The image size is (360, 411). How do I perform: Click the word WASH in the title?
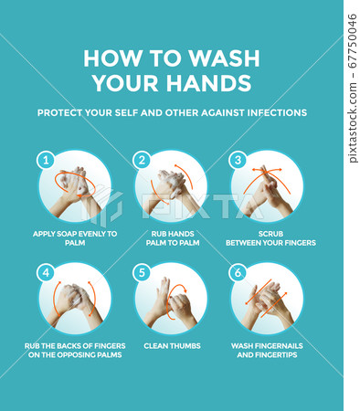click(x=224, y=58)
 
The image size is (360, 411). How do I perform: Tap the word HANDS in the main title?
click(x=208, y=82)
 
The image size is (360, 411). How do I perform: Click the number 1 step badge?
click(x=46, y=160)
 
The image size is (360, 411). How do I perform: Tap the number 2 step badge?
click(x=142, y=160)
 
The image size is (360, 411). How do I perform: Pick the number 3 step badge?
click(x=238, y=160)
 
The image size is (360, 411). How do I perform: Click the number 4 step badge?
click(x=46, y=272)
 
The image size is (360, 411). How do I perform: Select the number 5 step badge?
click(x=142, y=272)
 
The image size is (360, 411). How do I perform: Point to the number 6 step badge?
click(x=238, y=272)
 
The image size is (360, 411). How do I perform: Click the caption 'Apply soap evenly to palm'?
click(x=75, y=238)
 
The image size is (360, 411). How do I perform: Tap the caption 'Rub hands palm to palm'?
click(x=173, y=238)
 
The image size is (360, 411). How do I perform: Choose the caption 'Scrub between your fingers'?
click(x=270, y=238)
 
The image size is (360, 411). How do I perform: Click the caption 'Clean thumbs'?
click(x=172, y=346)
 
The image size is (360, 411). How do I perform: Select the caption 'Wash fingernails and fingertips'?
click(x=267, y=351)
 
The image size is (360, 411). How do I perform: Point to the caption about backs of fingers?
click(x=75, y=351)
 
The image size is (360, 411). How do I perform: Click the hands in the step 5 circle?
click(x=171, y=303)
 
